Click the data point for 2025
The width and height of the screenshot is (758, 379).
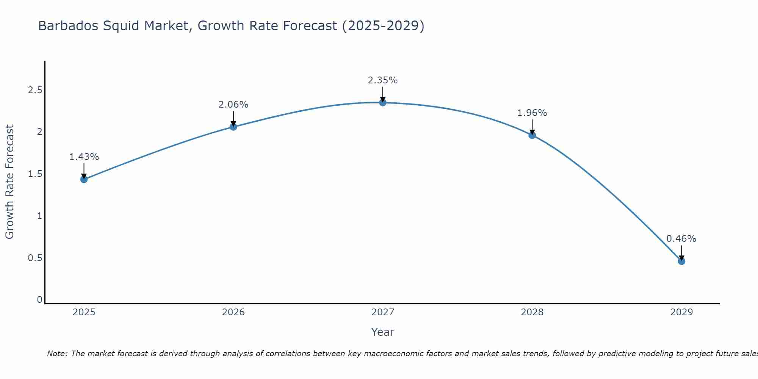[84, 179]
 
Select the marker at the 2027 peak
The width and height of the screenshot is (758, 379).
[383, 102]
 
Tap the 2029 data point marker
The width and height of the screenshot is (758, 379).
[681, 261]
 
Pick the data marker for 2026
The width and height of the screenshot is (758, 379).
[233, 127]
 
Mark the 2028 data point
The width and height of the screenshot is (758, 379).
[532, 135]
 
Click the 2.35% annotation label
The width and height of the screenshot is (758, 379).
[383, 80]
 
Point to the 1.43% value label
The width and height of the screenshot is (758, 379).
[84, 157]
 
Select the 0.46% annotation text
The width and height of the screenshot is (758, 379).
[681, 239]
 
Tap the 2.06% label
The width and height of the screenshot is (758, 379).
[233, 105]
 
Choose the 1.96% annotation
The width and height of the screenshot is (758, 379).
[532, 113]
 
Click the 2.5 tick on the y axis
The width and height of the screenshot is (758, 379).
[35, 90]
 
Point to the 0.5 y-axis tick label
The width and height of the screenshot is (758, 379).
[35, 258]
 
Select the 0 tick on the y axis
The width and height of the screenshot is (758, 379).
[39, 300]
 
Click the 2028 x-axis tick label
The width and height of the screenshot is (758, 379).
[532, 312]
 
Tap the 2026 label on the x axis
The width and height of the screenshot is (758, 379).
[233, 312]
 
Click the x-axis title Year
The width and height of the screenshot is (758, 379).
[383, 332]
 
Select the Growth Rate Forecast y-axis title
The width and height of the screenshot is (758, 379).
[9, 182]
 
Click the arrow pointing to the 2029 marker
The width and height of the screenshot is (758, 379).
[681, 252]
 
